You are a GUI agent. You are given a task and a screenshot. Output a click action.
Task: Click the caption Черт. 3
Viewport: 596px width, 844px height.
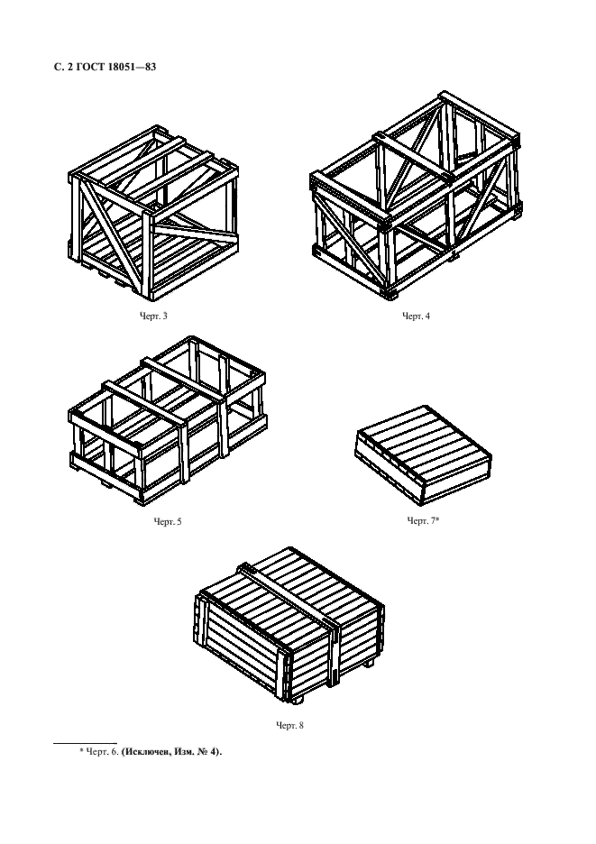coord(153,316)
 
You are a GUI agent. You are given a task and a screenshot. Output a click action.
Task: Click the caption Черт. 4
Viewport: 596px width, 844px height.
coord(417,316)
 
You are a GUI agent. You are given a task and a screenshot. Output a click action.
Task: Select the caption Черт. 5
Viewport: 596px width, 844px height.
coord(168,521)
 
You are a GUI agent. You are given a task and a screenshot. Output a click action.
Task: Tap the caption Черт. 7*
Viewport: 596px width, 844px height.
coord(423,520)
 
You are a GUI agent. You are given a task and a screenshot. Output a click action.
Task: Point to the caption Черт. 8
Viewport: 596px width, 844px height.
coord(289,726)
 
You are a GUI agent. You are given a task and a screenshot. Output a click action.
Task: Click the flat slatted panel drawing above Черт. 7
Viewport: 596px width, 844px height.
coord(423,454)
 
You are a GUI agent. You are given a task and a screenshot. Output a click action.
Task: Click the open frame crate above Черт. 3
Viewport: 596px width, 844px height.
coord(153,214)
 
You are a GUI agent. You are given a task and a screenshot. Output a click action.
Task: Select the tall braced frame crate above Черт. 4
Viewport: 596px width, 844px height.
coord(416,194)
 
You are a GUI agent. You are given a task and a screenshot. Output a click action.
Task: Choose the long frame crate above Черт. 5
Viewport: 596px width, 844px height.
coord(168,421)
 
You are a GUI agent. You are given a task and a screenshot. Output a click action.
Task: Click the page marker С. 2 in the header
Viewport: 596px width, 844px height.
coord(63,68)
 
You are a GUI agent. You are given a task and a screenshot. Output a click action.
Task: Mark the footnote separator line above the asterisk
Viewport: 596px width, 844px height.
coord(85,743)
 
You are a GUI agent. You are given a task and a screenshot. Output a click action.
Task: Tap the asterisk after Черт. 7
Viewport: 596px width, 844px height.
coord(437,518)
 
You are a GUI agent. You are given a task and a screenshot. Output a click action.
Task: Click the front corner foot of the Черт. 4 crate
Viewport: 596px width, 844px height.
coord(390,294)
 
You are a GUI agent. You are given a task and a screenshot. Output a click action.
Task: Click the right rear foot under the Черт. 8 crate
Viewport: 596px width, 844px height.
coord(369,665)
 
